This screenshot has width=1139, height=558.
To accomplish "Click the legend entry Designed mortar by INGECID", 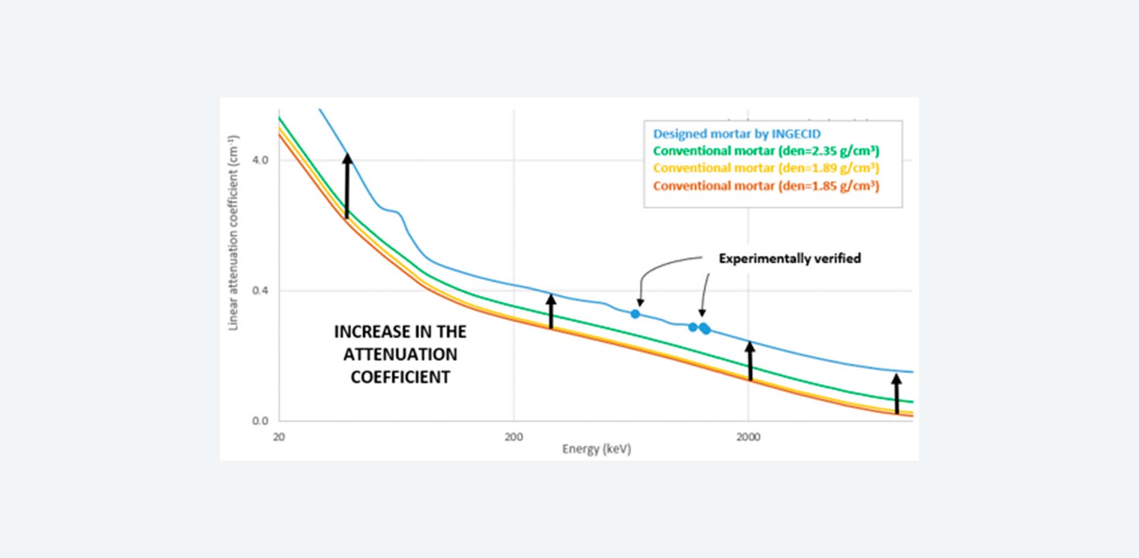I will click(737, 134).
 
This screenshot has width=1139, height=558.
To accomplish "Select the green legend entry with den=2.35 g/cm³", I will click(766, 151).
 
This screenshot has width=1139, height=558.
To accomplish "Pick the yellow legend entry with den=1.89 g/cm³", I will click(766, 168).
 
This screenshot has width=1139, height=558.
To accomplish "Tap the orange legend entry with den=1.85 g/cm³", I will click(766, 186).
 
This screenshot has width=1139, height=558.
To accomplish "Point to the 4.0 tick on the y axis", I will click(260, 160).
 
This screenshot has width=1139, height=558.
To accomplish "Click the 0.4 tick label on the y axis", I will click(260, 290).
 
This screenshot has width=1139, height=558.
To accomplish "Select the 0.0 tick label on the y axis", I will click(260, 421).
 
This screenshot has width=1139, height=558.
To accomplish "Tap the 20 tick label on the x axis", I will click(279, 437).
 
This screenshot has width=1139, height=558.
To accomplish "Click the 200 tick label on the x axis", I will click(514, 437).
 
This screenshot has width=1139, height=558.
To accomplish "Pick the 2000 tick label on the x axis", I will click(748, 437).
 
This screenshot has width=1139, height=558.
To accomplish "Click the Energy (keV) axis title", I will click(596, 449).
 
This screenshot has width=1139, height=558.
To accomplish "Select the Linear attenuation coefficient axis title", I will click(233, 233).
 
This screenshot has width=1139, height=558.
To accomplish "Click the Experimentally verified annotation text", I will click(790, 258).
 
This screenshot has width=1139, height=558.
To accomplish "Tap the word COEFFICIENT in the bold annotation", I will click(400, 377).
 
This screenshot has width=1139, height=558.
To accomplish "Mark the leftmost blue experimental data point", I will click(635, 313).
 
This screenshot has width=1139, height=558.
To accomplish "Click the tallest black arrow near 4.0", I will click(347, 186).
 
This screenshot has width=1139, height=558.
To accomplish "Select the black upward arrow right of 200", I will click(551, 311).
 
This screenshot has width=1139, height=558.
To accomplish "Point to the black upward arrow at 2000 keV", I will click(750, 360).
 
